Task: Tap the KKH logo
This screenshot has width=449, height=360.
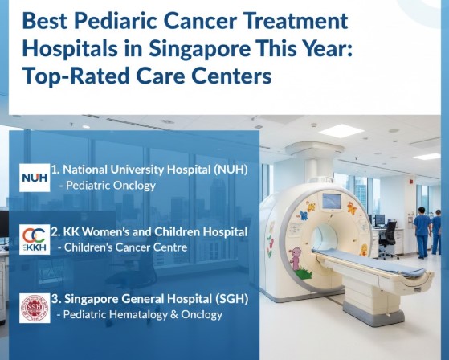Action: (35, 239)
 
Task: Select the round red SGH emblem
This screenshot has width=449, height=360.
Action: (35, 308)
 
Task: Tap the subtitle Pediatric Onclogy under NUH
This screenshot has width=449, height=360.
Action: (108, 186)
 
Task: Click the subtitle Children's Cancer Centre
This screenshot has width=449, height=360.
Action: (123, 247)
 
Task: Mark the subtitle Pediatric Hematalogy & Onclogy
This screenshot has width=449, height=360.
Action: (141, 315)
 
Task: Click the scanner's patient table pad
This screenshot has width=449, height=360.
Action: (361, 260)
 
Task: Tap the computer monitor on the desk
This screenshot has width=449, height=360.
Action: (379, 219)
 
